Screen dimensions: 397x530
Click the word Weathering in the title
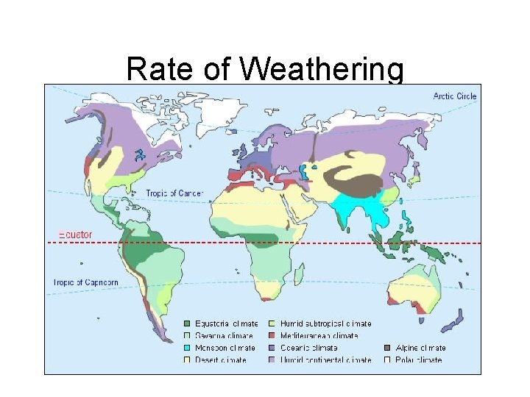tap(322, 69)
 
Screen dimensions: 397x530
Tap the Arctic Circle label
tap(454, 96)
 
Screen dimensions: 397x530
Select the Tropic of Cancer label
tap(174, 193)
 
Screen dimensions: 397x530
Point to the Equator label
tap(75, 235)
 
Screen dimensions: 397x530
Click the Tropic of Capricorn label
tap(86, 282)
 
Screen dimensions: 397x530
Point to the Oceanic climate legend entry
tap(308, 348)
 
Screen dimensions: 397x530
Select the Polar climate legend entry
tap(413, 360)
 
